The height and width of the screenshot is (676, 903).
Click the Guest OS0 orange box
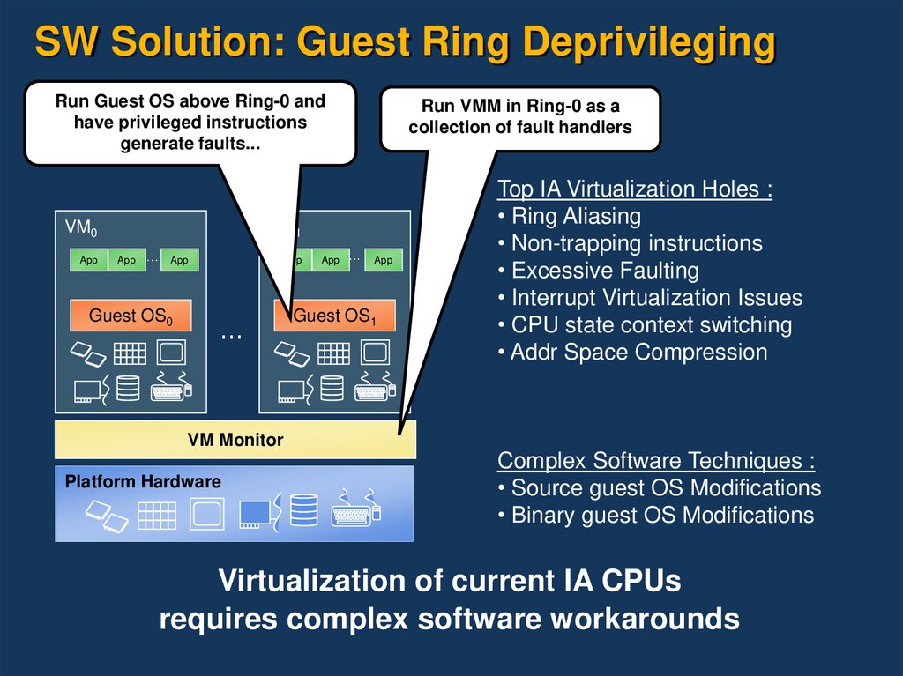coord(131,316)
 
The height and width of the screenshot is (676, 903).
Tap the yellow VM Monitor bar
coord(235,439)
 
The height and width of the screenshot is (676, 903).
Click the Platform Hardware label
coord(143,482)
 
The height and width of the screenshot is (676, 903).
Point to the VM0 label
coord(81,228)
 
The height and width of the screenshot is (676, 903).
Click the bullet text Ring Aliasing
coord(575,216)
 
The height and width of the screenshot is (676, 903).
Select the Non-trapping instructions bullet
coord(636,243)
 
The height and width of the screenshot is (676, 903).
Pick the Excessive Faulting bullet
coord(604,271)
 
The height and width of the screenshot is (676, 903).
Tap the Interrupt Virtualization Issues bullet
coord(656,298)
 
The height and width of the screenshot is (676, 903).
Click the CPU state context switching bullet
coord(651,325)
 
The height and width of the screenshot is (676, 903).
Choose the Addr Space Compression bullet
coord(638,353)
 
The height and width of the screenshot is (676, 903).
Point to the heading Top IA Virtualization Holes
coord(635,189)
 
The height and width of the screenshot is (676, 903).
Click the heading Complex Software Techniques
coord(656,460)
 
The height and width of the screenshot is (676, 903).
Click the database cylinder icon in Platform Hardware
coord(303,509)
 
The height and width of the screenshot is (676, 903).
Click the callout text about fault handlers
coord(520,116)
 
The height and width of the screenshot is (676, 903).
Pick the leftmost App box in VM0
coord(89,260)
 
